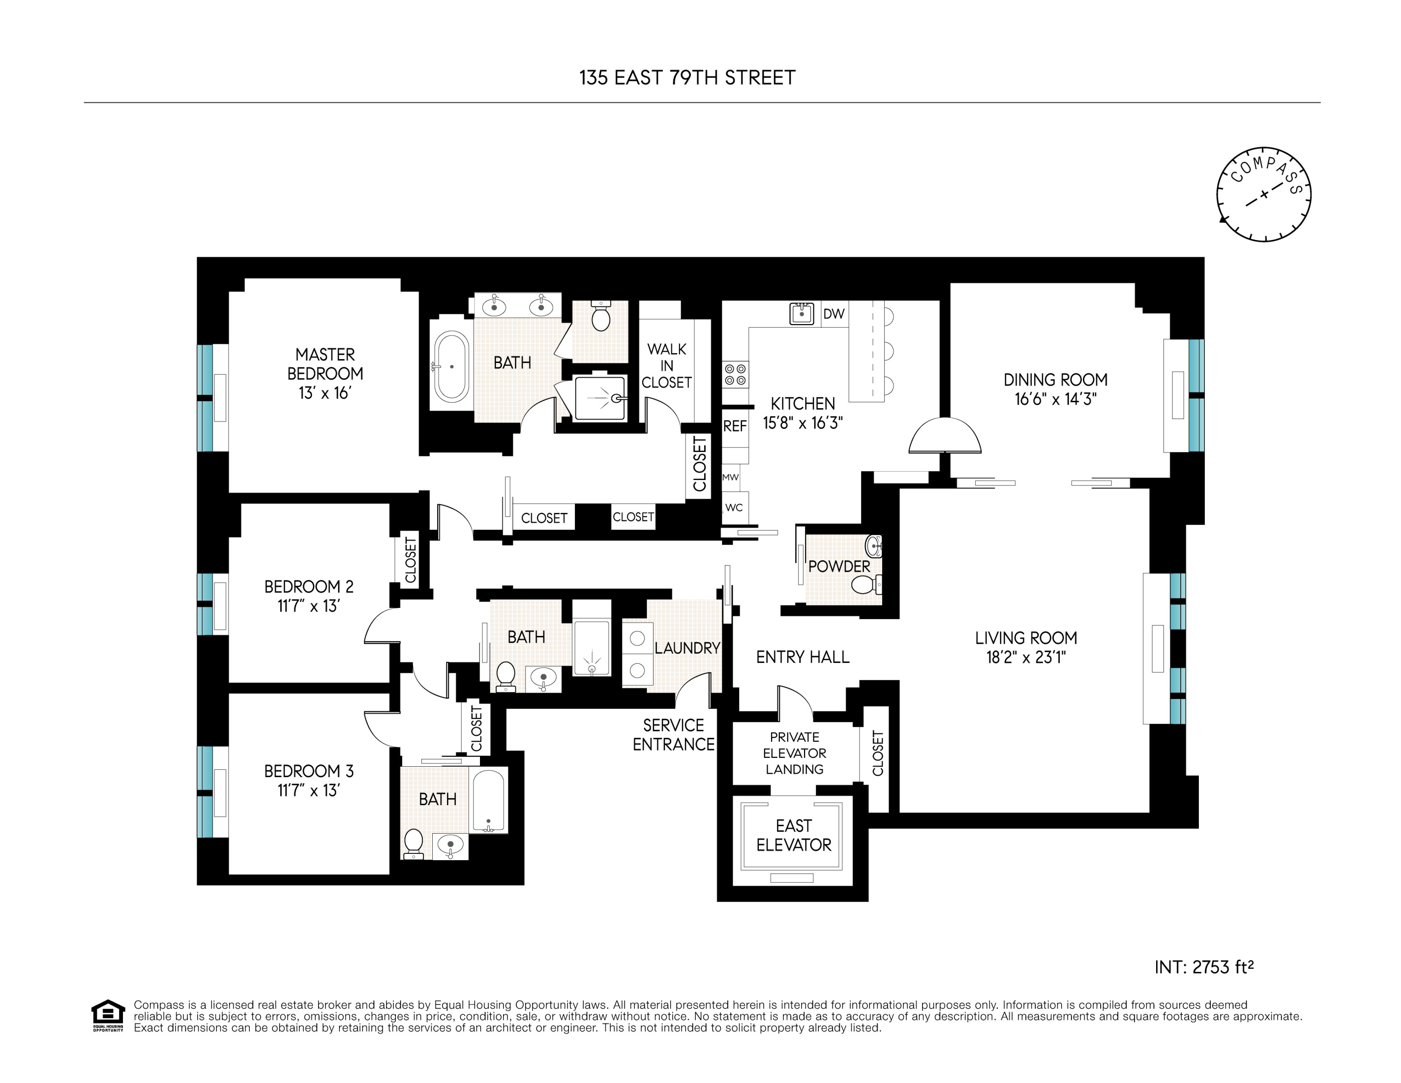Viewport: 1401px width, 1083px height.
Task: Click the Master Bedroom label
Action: tap(325, 364)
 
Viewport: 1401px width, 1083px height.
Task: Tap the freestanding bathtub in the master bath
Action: tap(451, 366)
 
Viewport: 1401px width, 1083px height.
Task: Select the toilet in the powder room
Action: tap(864, 584)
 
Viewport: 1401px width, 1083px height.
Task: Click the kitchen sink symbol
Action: tap(801, 314)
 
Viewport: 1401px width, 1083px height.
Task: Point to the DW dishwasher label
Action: tap(834, 314)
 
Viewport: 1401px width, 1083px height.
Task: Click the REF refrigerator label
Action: tap(735, 426)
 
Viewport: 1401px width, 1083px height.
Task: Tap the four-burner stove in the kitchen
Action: tap(735, 375)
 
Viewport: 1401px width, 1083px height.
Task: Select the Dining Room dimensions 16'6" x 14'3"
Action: tap(1055, 399)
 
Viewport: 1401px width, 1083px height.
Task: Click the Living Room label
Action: tap(1026, 638)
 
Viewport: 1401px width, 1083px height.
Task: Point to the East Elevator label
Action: tap(794, 835)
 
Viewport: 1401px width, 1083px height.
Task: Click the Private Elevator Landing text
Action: tap(794, 753)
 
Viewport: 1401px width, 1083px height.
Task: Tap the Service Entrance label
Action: tap(674, 735)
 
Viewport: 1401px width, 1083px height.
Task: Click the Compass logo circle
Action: tap(1263, 194)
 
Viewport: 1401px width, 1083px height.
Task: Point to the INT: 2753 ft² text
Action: tap(1203, 967)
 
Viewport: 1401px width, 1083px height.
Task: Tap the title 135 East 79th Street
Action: tap(687, 78)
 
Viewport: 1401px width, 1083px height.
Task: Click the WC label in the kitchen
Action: tap(734, 508)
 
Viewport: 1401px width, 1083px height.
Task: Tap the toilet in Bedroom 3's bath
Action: tap(414, 843)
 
